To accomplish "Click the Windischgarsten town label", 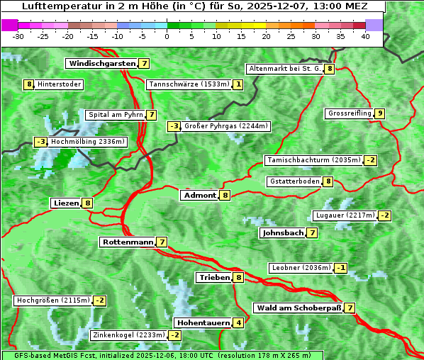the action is click(x=101, y=64).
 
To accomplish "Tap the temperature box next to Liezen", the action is click(x=88, y=203).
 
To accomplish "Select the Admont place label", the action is click(x=199, y=196).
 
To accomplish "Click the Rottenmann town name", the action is click(x=128, y=242).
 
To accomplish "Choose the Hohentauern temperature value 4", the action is click(x=239, y=323).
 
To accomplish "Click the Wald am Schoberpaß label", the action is click(x=298, y=308).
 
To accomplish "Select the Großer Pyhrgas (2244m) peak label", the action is click(x=225, y=127).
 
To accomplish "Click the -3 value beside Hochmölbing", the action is click(x=40, y=142).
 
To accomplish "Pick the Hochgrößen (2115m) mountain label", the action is click(x=53, y=300).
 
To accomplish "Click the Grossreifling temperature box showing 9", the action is click(x=380, y=113).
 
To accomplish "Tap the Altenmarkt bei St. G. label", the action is click(x=284, y=69).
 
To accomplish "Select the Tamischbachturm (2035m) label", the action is click(x=313, y=160).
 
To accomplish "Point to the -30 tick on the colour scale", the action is click(x=18, y=36).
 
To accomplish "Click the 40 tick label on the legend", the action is click(x=365, y=36).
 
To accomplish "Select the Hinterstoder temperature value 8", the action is click(x=29, y=85).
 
